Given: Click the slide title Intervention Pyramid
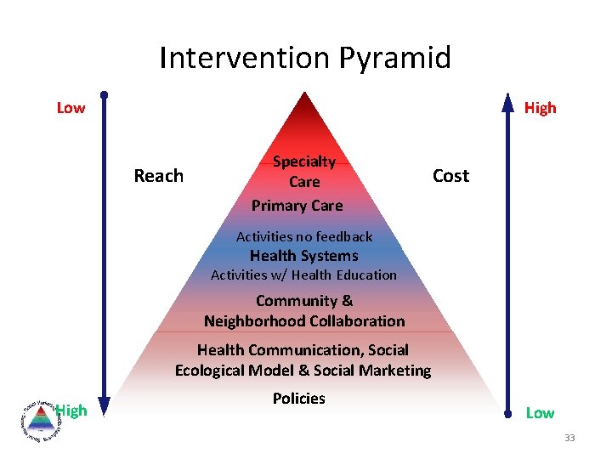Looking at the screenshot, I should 305,58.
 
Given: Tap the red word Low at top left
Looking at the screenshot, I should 71,108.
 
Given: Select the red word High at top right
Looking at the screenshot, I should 540,108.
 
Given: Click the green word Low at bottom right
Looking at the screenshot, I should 540,413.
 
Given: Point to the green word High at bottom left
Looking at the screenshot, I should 72,411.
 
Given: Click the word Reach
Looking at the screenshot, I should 159,176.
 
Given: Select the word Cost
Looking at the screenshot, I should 450,176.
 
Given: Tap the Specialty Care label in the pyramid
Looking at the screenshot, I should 304,171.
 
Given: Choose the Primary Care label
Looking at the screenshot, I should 297,206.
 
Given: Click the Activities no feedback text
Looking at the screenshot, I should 304,236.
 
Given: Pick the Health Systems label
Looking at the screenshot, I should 303,256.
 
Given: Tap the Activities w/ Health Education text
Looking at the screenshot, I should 303,275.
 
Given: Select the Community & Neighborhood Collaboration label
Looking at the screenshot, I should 304,310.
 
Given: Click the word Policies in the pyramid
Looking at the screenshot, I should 298,399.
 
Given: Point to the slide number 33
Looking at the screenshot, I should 569,438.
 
